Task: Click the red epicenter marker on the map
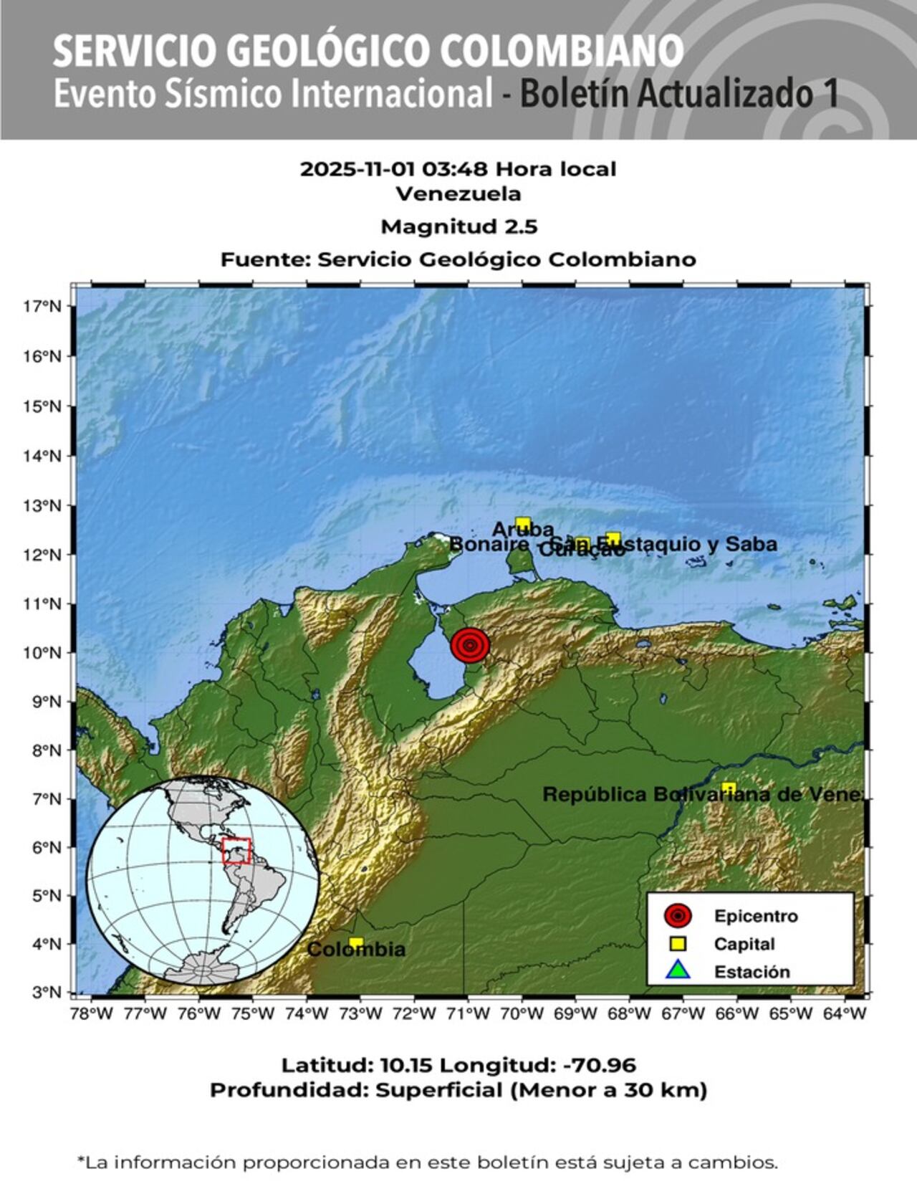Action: (470, 645)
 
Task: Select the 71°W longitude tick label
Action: (469, 1014)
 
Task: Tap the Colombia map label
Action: (356, 950)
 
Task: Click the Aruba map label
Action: (522, 530)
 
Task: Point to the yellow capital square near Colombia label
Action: (356, 942)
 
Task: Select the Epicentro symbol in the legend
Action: (677, 916)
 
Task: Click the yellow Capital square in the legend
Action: (677, 944)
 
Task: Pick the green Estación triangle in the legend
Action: (677, 971)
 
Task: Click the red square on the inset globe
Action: (236, 851)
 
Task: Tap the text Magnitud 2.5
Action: (458, 227)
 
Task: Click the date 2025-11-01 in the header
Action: (357, 170)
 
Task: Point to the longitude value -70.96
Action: (600, 1066)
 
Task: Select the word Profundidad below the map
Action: (289, 1091)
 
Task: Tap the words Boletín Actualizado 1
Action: (679, 95)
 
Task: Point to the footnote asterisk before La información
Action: (81, 1160)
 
